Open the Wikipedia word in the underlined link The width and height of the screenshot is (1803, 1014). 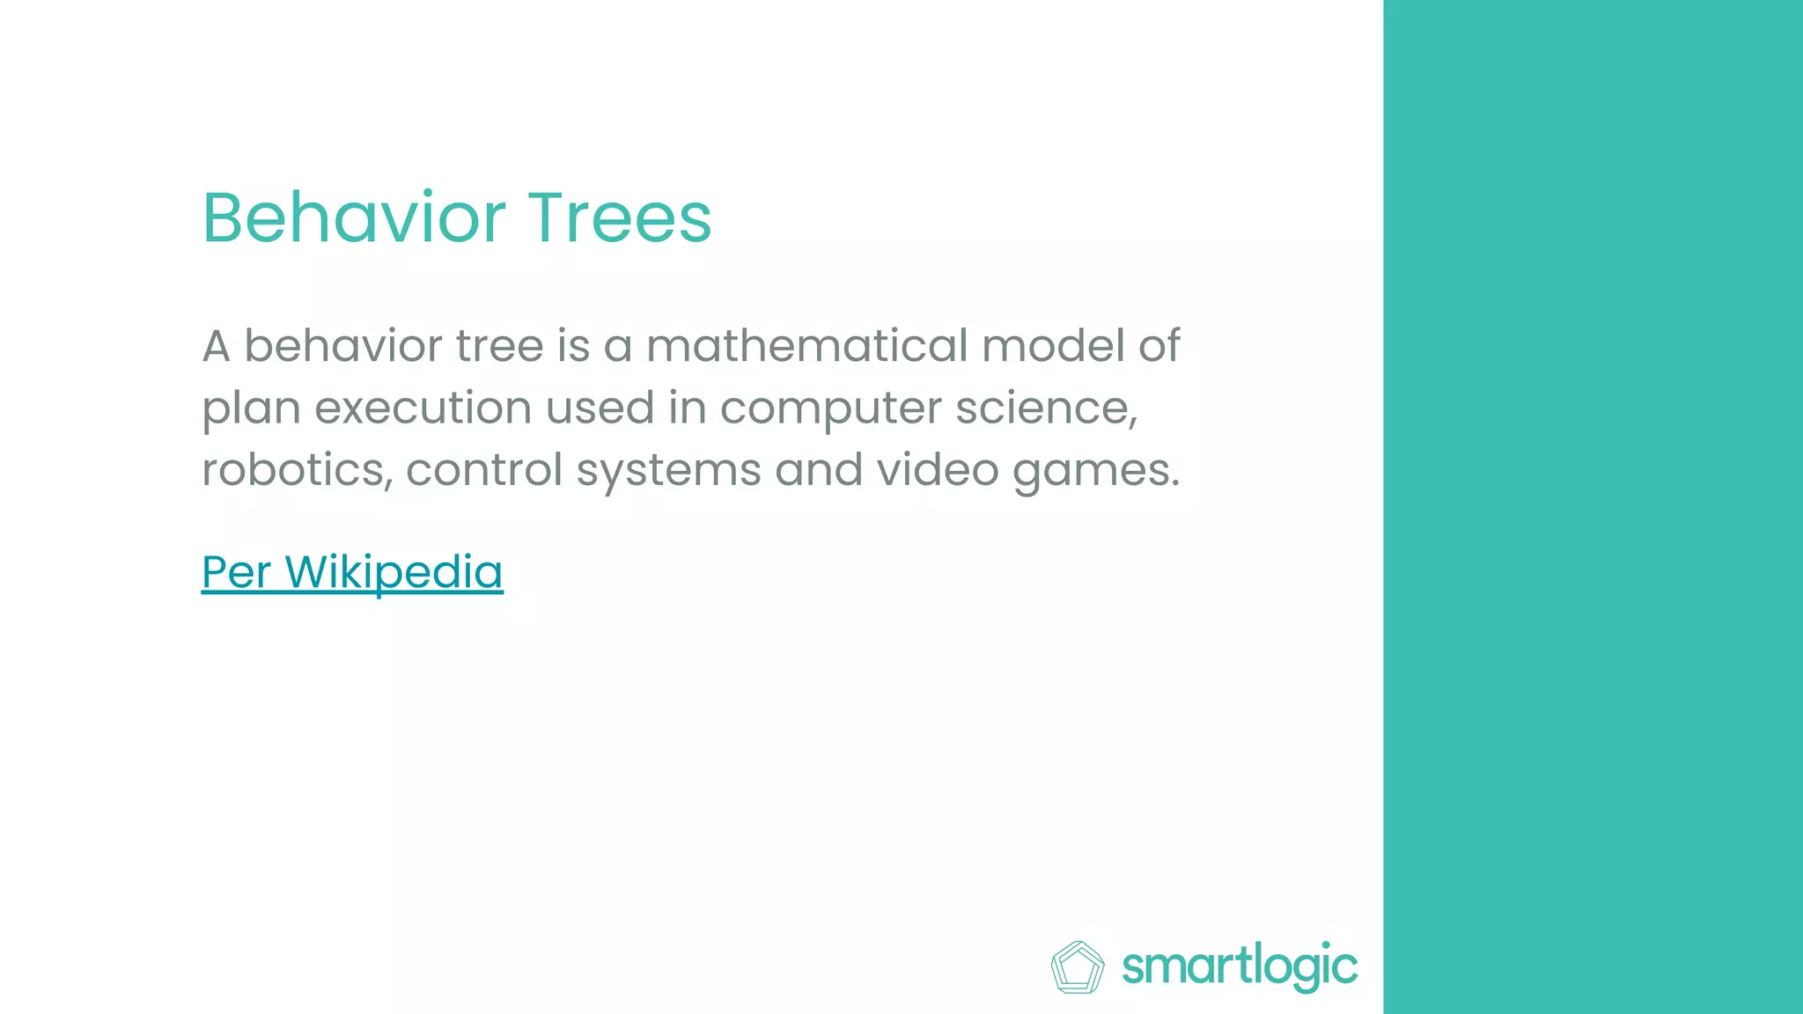[394, 572]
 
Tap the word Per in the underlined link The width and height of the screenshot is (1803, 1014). [236, 572]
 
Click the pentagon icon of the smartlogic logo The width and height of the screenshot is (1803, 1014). [1077, 967]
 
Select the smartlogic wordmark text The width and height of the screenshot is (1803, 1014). [1240, 966]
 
